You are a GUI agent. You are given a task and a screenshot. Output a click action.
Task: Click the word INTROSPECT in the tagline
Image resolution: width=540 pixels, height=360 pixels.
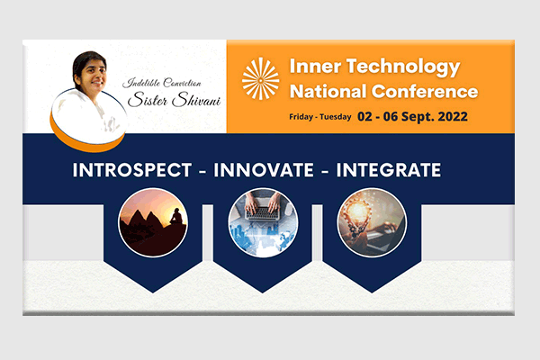(132, 170)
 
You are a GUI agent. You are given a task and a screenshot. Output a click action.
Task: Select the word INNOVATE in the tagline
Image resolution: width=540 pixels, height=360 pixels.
(264, 170)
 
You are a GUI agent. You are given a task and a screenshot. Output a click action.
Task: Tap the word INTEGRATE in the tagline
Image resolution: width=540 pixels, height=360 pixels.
(389, 170)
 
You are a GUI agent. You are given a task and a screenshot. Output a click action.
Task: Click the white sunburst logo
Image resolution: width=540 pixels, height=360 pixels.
(261, 78)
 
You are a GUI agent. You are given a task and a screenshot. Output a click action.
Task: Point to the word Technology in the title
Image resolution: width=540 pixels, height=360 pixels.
(403, 67)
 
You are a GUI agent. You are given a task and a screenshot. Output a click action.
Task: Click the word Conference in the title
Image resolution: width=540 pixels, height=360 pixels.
(425, 92)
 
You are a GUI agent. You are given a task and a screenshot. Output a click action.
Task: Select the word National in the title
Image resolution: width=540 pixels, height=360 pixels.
(328, 92)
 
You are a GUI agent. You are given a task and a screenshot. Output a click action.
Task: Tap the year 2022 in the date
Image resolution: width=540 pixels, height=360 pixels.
(453, 116)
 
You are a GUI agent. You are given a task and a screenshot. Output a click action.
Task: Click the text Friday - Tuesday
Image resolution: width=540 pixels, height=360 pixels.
(319, 117)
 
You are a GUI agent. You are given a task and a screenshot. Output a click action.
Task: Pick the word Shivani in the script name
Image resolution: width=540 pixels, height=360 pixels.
(196, 100)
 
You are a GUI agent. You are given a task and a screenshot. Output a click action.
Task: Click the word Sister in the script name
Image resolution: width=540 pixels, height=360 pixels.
(148, 100)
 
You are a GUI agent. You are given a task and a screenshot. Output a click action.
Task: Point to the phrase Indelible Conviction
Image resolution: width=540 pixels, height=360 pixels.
(162, 83)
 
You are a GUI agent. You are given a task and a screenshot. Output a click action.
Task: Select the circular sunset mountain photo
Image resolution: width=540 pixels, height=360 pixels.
(153, 222)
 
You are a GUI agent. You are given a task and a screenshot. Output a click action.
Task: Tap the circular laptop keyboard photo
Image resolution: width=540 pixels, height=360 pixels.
(263, 222)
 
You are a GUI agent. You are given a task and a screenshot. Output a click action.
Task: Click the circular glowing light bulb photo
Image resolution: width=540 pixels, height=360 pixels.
(372, 222)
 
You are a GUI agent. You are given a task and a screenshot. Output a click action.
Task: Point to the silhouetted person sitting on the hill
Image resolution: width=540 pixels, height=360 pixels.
(176, 216)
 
